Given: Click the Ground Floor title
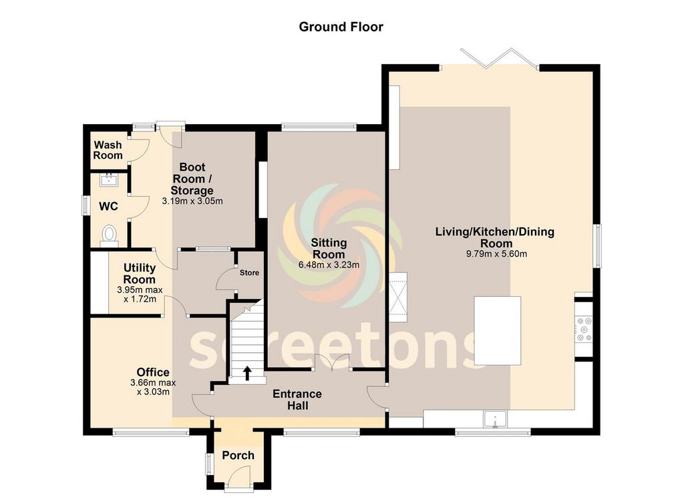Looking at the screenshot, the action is (x=341, y=27).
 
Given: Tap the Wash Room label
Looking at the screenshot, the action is (x=108, y=150).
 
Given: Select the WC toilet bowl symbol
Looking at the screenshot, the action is (x=109, y=234).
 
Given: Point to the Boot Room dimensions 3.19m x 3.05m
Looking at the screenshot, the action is (x=192, y=201).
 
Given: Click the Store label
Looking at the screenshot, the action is (x=250, y=273).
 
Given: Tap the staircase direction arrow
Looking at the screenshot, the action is (x=247, y=373).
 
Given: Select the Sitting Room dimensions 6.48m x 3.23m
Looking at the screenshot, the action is (x=329, y=264).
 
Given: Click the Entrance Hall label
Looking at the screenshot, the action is (x=297, y=400).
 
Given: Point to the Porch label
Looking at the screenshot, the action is (x=238, y=455).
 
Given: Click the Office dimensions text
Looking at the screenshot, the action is (x=153, y=387).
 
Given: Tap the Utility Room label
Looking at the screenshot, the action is (x=139, y=274).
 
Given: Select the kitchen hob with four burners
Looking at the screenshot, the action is (x=584, y=330).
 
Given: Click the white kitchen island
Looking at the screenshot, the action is (x=497, y=331).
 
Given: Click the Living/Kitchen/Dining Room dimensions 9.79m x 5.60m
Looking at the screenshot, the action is (x=496, y=254).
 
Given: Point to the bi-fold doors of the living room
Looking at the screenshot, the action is (x=499, y=58).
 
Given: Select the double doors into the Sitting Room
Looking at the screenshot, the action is (x=332, y=362).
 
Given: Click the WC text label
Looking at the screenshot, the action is (x=108, y=206).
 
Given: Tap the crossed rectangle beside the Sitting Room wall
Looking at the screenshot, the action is (x=397, y=297).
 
